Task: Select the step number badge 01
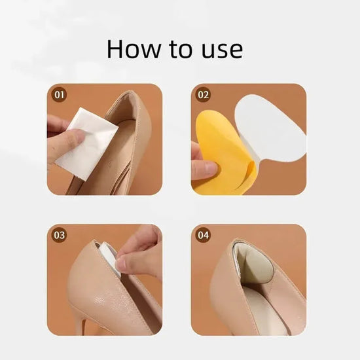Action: (x=60, y=95)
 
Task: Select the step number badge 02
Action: (x=204, y=95)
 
